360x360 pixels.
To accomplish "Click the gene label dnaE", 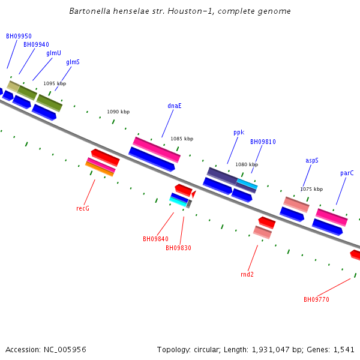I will tap(175, 106).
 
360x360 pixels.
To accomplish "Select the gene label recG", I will tap(83, 208).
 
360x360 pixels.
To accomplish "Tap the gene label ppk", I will tap(239, 132).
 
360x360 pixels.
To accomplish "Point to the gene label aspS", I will tap(312, 160).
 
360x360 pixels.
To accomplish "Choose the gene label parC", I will tap(347, 173).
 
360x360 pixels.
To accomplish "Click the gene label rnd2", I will tap(247, 274).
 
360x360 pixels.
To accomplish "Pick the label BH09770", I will tap(316, 299).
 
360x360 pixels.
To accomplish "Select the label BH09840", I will tap(155, 239).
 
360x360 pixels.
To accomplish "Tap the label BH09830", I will tap(178, 248).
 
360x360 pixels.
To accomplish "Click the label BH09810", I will tap(263, 142).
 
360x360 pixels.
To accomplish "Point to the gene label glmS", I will tap(73, 62).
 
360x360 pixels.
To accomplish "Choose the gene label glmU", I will tap(53, 53).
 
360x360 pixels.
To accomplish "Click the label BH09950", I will tap(19, 36).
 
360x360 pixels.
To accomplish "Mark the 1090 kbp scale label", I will tap(118, 112).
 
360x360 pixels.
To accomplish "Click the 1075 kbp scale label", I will tap(311, 189).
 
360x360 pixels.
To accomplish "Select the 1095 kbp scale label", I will tap(55, 83).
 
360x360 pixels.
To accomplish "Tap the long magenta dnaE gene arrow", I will tap(157, 149).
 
